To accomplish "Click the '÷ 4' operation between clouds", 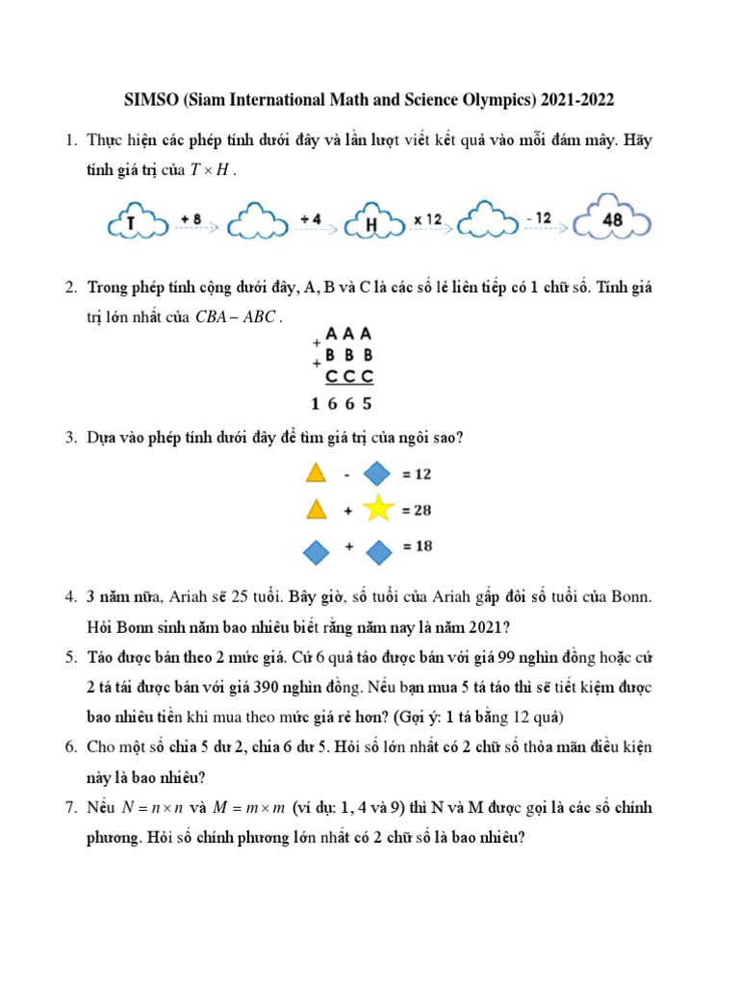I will tap(310, 219).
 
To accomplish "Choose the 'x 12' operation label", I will tap(427, 219).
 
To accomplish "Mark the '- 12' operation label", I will tap(539, 219).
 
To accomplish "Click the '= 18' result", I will tap(417, 546).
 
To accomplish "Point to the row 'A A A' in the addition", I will tap(348, 335).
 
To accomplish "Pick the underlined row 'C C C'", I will tap(348, 376).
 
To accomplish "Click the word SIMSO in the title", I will tap(150, 100).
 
